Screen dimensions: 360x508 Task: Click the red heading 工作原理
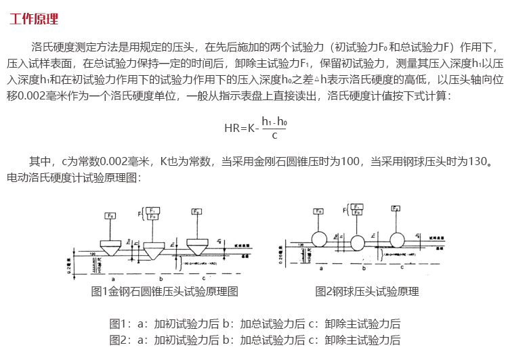click(34, 18)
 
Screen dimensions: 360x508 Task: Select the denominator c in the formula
click(274, 135)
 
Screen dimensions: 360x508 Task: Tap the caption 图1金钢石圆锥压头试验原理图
click(165, 292)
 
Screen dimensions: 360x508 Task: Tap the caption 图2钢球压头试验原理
click(367, 292)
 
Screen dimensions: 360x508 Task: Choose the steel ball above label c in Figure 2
click(398, 240)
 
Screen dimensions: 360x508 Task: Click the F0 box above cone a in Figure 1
click(109, 216)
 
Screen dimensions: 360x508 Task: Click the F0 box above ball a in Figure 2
click(318, 212)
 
